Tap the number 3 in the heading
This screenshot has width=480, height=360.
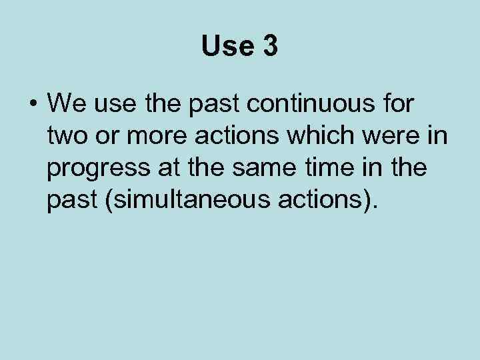(x=269, y=47)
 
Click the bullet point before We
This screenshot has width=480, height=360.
(x=33, y=104)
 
